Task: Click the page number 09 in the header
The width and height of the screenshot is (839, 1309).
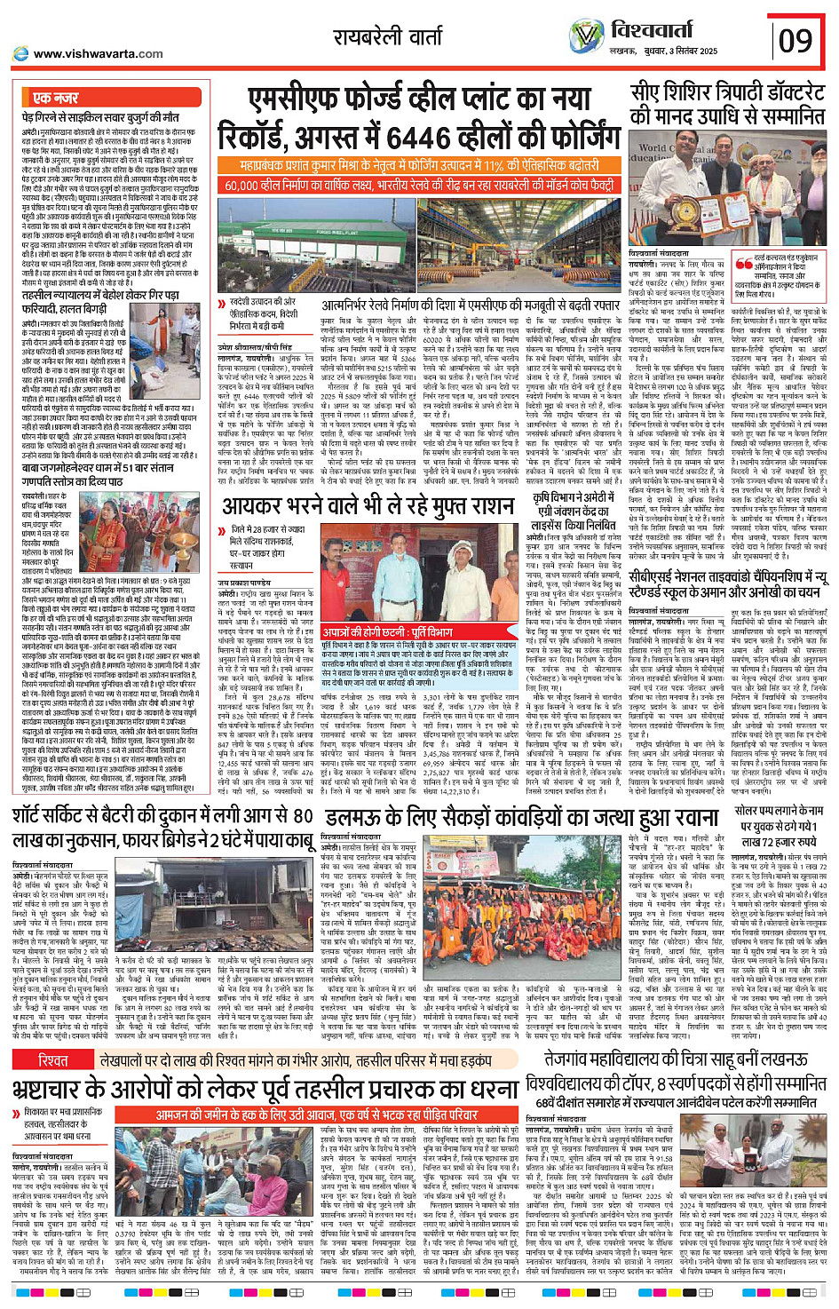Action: click(x=795, y=41)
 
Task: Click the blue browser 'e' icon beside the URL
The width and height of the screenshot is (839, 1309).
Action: click(x=20, y=53)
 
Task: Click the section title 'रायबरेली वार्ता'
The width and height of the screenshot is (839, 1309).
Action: click(x=388, y=36)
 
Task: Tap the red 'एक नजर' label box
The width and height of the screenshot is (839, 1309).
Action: click(x=55, y=97)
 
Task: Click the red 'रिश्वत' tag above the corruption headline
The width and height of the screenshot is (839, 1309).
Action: click(x=53, y=1061)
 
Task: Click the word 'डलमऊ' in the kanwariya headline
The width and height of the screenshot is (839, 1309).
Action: click(x=353, y=815)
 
